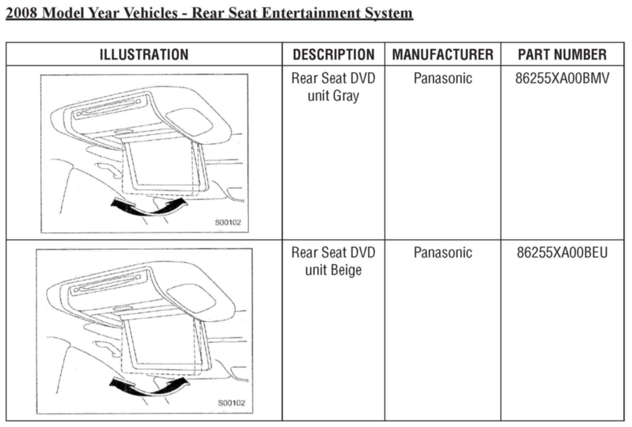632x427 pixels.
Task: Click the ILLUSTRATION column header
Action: pyautogui.click(x=144, y=54)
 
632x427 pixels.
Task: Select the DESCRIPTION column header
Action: pyautogui.click(x=334, y=54)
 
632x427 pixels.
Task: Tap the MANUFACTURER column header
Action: pyautogui.click(x=443, y=54)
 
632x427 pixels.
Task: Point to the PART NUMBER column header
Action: pyautogui.click(x=562, y=54)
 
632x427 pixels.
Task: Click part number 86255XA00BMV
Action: pyautogui.click(x=562, y=78)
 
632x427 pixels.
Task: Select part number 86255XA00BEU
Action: pyautogui.click(x=562, y=253)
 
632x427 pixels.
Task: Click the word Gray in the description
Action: pyautogui.click(x=346, y=96)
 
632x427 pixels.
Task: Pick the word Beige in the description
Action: pyautogui.click(x=346, y=270)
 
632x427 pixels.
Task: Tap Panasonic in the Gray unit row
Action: pyautogui.click(x=443, y=78)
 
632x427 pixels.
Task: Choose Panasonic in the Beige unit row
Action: pyautogui.click(x=443, y=253)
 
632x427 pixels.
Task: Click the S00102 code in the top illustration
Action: pyautogui.click(x=228, y=223)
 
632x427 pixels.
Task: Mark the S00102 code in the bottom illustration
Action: pyautogui.click(x=231, y=403)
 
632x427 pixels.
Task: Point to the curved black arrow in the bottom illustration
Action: pyautogui.click(x=149, y=387)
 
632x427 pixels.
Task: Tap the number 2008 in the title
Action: pyautogui.click(x=22, y=13)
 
